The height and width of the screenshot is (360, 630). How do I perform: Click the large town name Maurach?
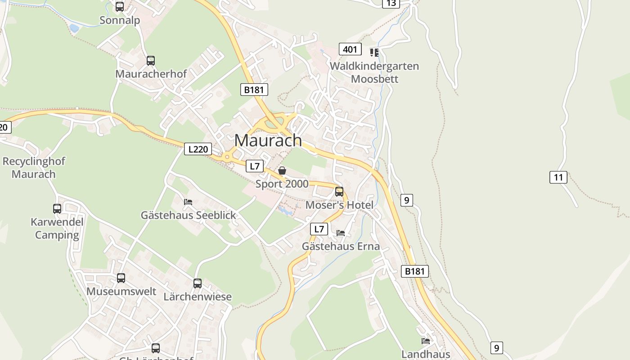[268, 140]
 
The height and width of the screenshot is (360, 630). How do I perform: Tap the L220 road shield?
[198, 149]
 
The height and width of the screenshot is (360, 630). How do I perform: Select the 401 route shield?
[350, 49]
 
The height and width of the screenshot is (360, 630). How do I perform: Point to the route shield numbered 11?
[558, 177]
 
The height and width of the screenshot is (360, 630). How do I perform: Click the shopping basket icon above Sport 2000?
[282, 171]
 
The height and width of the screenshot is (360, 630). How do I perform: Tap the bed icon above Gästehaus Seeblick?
[188, 202]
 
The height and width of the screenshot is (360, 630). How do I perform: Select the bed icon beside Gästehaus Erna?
[341, 233]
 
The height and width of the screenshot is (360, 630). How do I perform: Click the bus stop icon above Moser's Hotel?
[339, 192]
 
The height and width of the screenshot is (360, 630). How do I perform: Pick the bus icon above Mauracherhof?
[151, 61]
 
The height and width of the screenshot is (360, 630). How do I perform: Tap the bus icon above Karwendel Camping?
[57, 209]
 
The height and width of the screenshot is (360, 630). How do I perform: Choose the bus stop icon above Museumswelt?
[121, 278]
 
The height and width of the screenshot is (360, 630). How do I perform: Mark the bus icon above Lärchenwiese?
[198, 283]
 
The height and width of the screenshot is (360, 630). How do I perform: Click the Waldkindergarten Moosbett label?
[374, 72]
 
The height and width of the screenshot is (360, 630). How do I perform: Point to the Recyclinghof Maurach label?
[34, 167]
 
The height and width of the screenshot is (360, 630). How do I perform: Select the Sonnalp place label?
[120, 20]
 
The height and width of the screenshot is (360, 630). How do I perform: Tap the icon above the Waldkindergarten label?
[374, 53]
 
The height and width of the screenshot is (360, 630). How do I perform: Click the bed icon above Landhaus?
[426, 341]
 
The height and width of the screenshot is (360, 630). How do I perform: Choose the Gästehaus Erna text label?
[341, 246]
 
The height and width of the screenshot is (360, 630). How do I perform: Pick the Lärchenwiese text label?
[198, 297]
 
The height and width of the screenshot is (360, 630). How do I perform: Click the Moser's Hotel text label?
[339, 205]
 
